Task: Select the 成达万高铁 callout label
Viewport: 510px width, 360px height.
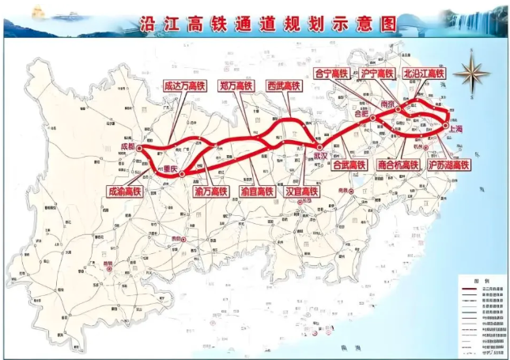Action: coord(182,85)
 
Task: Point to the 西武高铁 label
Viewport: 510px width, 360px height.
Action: coord(284,85)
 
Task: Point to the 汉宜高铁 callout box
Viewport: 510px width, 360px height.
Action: coord(301,191)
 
